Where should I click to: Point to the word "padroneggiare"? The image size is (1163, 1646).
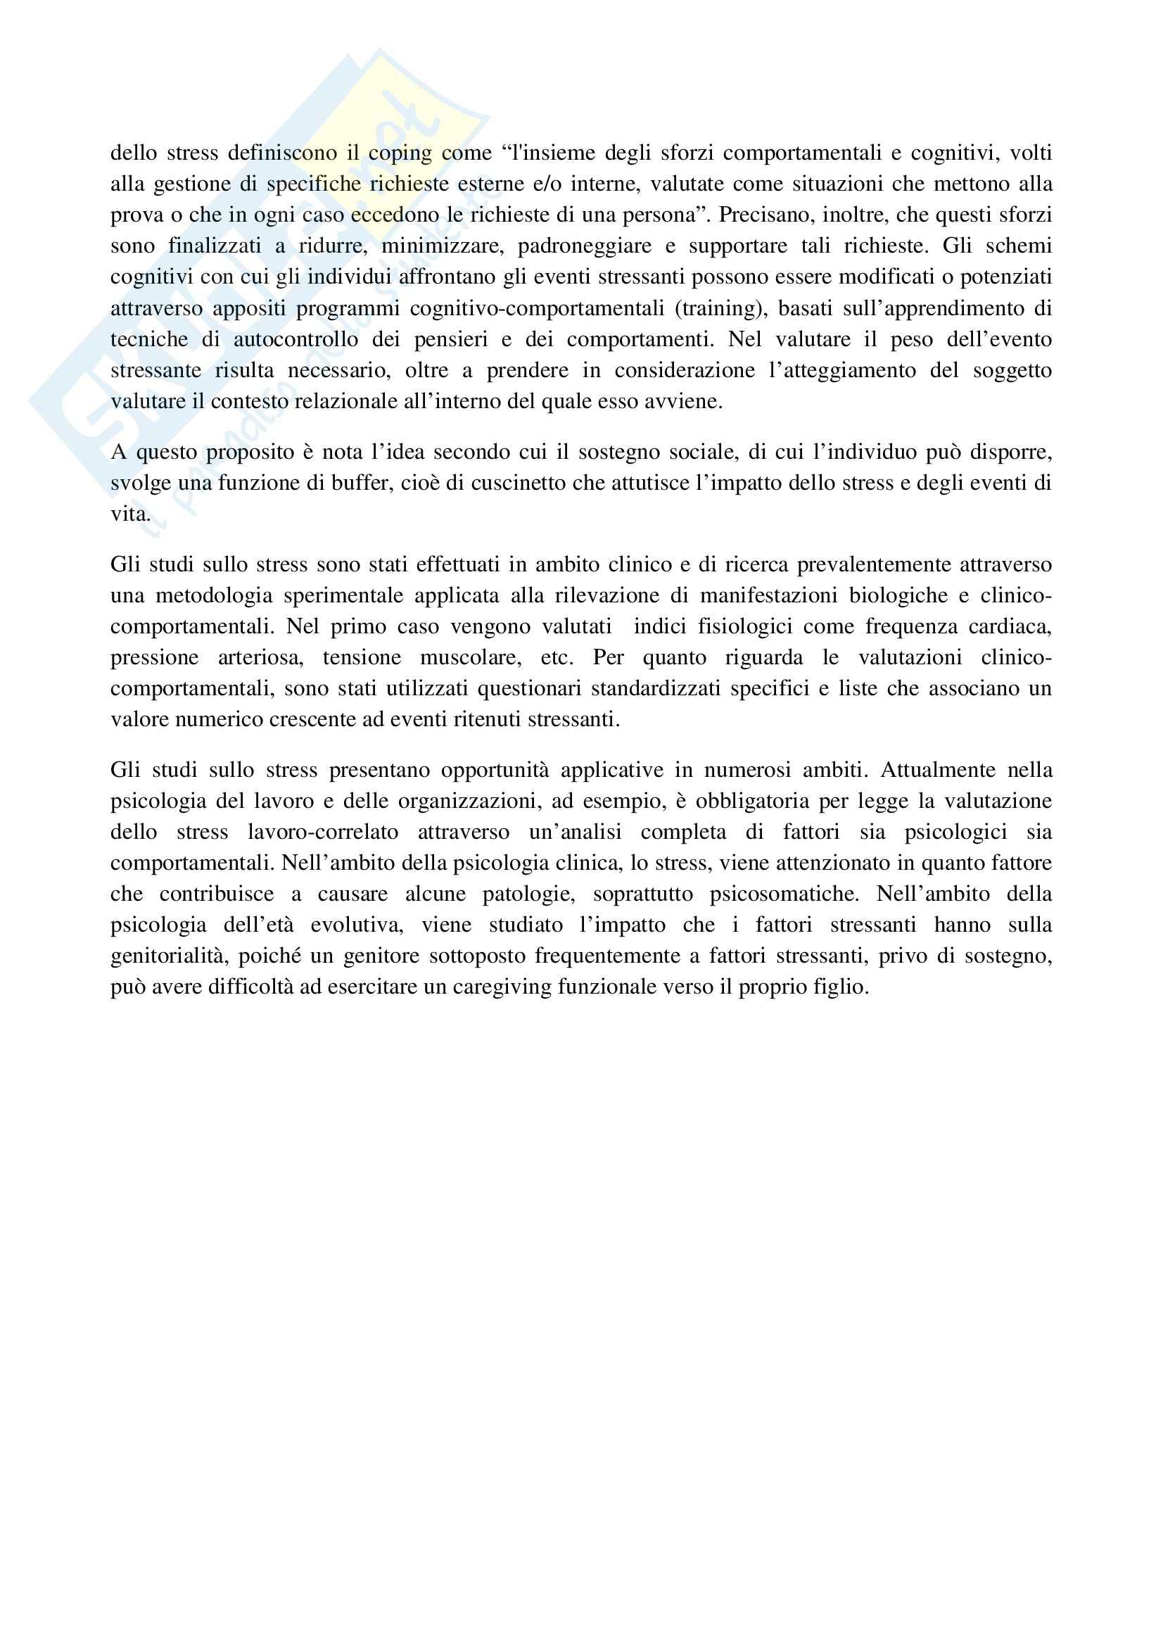(585, 246)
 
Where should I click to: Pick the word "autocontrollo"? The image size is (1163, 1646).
(296, 339)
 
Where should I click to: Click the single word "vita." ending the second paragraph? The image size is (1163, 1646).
(130, 514)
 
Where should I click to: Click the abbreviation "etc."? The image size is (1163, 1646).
(556, 657)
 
